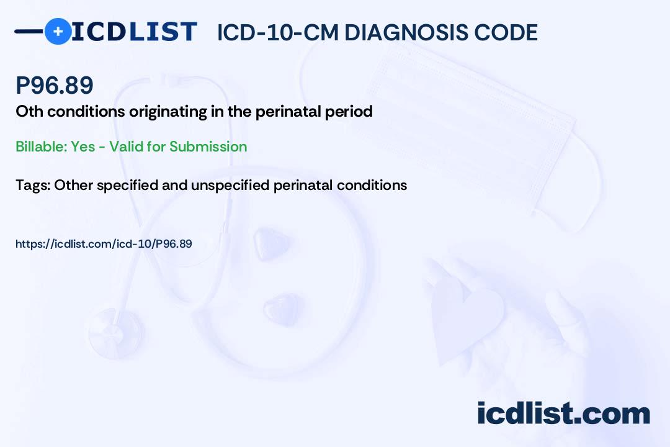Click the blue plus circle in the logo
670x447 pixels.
pyautogui.click(x=58, y=31)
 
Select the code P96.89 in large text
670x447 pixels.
pyautogui.click(x=54, y=84)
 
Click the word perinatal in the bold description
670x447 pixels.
pyautogui.click(x=288, y=112)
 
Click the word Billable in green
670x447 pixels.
pyautogui.click(x=41, y=147)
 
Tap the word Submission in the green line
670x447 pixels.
pyautogui.click(x=208, y=147)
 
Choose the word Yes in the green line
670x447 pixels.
pyautogui.click(x=83, y=147)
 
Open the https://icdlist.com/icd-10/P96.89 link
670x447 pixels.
pyautogui.click(x=104, y=244)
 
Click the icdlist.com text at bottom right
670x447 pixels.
pyautogui.click(x=563, y=413)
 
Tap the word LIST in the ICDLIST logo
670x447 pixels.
pyautogui.click(x=162, y=32)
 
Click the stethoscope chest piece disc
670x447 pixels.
pyautogui.click(x=115, y=333)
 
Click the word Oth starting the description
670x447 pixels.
pyautogui.click(x=29, y=112)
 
